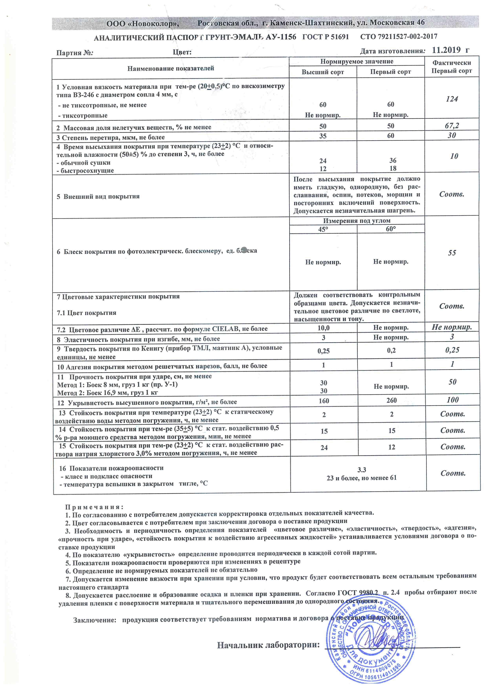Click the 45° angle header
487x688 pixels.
tap(323, 229)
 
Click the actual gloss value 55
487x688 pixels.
tap(452, 253)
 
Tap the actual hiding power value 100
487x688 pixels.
tap(452, 400)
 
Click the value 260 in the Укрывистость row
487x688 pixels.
tap(392, 400)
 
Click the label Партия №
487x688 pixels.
tap(75, 53)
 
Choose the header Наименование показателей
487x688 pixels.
tap(171, 68)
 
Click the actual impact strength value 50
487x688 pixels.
tap(452, 382)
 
